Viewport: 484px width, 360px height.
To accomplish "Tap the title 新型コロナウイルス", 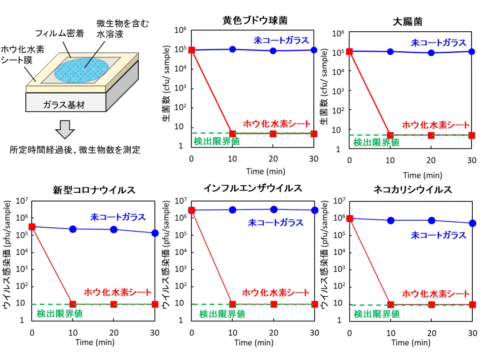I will click(x=94, y=190).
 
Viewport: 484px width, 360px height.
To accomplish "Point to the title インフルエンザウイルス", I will click(x=253, y=188).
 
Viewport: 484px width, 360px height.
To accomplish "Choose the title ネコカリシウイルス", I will click(x=413, y=190).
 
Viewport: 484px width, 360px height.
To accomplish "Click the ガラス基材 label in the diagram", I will click(x=64, y=105).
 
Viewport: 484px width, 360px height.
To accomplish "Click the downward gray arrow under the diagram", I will click(x=65, y=130).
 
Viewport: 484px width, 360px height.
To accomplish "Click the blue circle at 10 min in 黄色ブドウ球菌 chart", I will click(x=233, y=49).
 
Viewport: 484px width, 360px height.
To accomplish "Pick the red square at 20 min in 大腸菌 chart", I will click(x=431, y=135).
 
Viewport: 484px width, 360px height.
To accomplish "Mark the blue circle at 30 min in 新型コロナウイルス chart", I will click(x=155, y=233).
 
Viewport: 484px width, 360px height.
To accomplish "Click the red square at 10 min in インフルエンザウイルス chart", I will click(x=233, y=305).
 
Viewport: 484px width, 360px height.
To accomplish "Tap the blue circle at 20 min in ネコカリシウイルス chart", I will click(x=431, y=220).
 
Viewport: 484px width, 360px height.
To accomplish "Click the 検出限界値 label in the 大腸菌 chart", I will click(x=376, y=142).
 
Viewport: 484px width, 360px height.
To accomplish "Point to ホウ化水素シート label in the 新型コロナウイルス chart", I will click(x=118, y=292).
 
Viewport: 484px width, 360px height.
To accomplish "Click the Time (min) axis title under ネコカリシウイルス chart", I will click(x=411, y=343).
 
